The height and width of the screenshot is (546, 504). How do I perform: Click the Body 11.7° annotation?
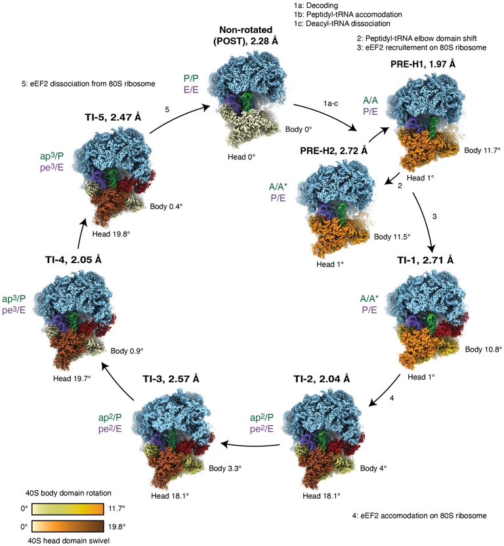pyautogui.click(x=483, y=150)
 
